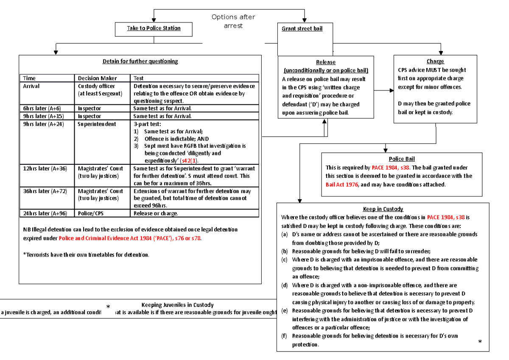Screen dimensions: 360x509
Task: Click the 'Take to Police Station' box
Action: [x=154, y=28]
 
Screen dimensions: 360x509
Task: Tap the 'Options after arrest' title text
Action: [x=233, y=21]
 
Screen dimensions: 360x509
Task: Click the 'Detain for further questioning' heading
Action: [x=140, y=61]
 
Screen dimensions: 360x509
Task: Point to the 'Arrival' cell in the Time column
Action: [x=31, y=86]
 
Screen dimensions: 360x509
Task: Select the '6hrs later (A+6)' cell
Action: [x=42, y=108]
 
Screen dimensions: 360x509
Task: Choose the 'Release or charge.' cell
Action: [x=156, y=214]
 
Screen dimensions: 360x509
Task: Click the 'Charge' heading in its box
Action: [x=436, y=62]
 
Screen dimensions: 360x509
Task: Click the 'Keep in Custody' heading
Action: [x=383, y=209]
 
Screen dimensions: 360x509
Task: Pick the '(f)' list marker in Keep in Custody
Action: [x=284, y=336]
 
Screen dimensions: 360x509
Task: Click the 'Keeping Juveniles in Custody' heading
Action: [x=177, y=305]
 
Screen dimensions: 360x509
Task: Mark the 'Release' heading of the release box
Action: [x=326, y=62]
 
